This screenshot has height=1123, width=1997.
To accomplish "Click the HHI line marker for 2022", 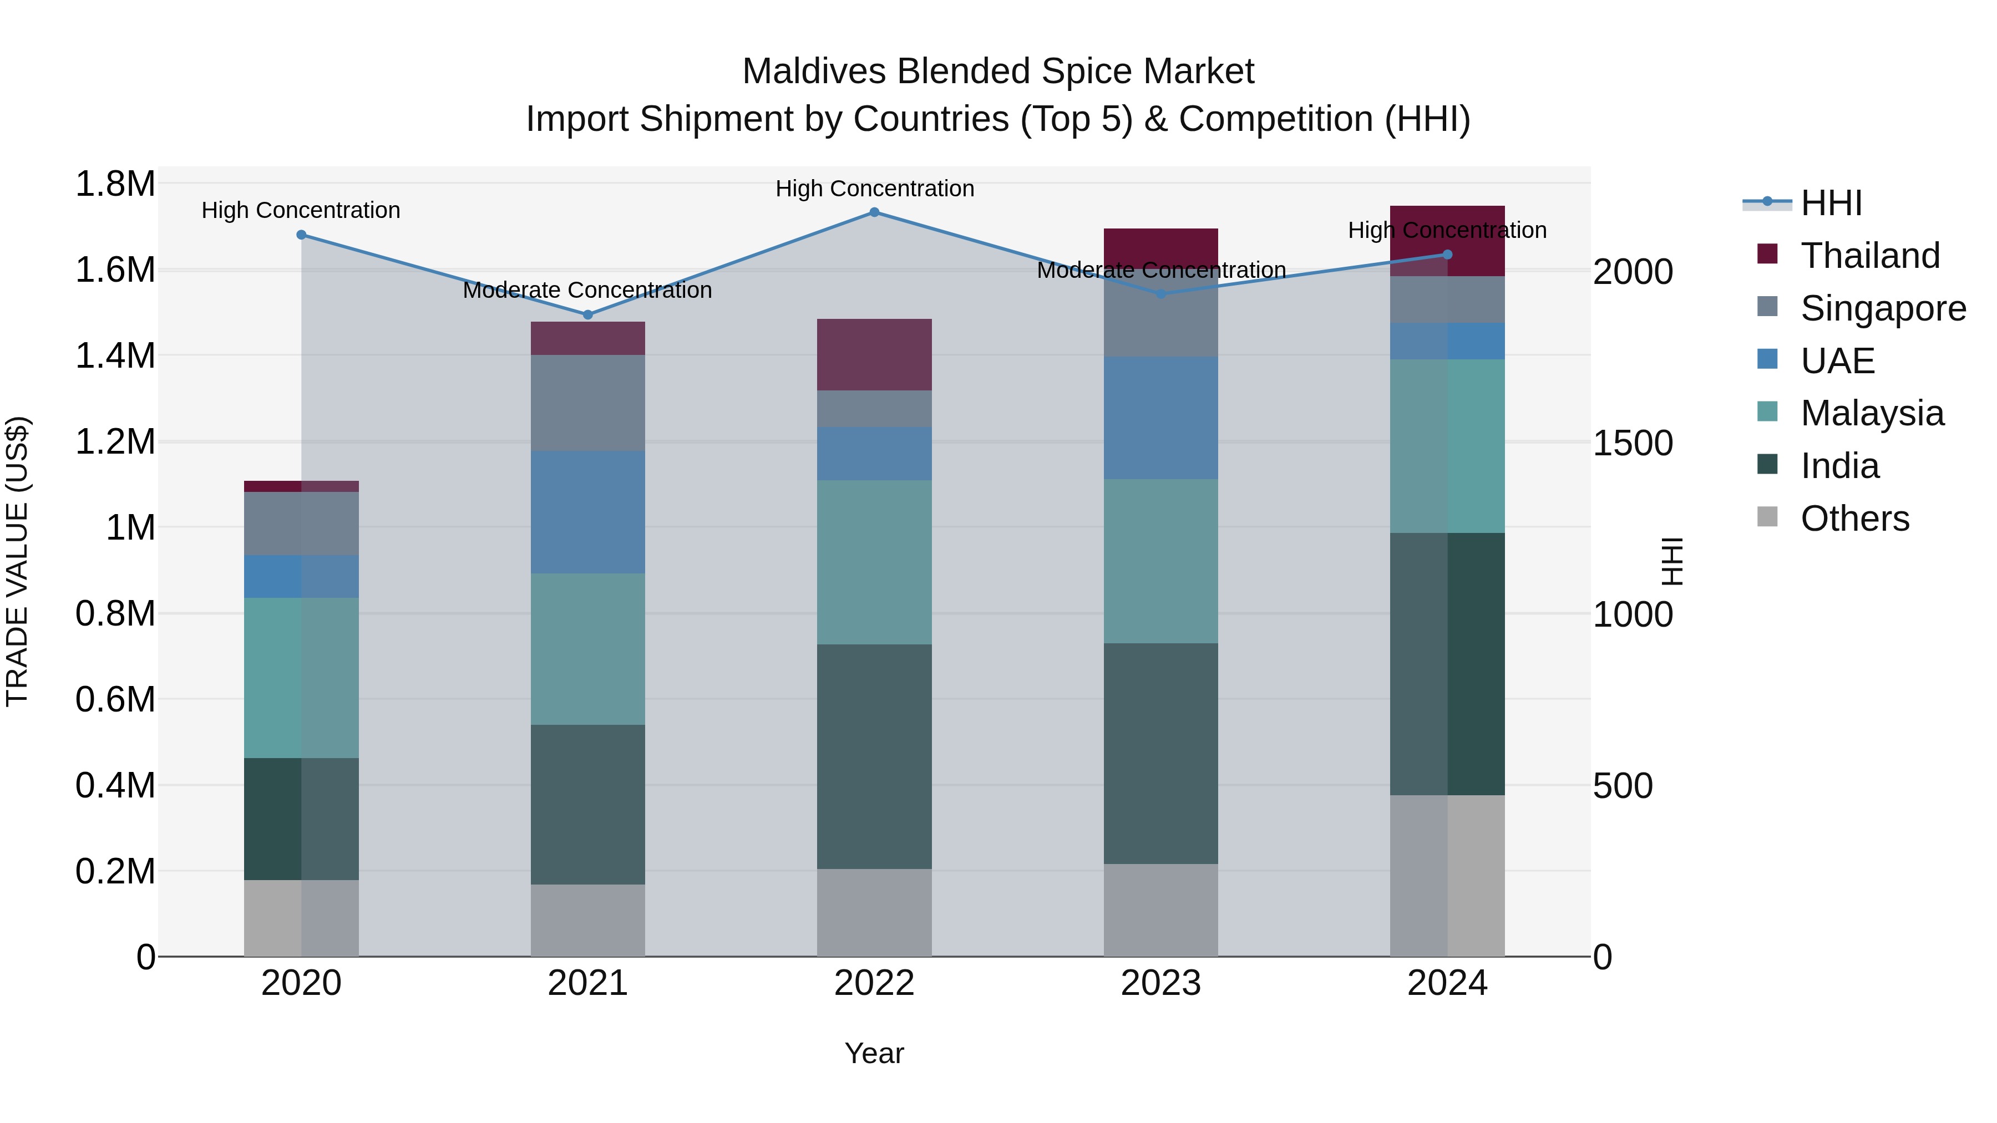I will (874, 212).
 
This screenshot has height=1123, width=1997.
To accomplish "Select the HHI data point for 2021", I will (587, 314).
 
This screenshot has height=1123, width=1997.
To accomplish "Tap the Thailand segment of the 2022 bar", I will (874, 355).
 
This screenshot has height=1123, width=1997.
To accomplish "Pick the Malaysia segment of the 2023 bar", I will (1160, 561).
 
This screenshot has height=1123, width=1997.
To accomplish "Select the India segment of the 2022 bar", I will (874, 756).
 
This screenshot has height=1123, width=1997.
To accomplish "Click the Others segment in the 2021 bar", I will (587, 920).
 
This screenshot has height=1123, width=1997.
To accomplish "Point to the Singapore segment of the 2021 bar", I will (587, 403).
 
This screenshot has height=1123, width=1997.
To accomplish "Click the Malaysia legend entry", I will (1872, 413).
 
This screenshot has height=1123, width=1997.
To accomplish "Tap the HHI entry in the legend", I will (1831, 203).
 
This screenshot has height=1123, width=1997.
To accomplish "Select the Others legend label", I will (1854, 519).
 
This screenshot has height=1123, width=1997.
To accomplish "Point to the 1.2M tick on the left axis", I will (115, 442).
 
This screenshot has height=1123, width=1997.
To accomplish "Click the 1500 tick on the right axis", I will (1632, 443).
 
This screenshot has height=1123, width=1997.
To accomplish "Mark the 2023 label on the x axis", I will (1160, 983).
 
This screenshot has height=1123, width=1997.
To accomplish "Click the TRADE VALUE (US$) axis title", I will (17, 561).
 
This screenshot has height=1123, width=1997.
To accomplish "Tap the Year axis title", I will (874, 1053).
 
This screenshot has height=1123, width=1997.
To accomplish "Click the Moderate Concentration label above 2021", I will (587, 291).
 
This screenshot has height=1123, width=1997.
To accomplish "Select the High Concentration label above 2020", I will (301, 210).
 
